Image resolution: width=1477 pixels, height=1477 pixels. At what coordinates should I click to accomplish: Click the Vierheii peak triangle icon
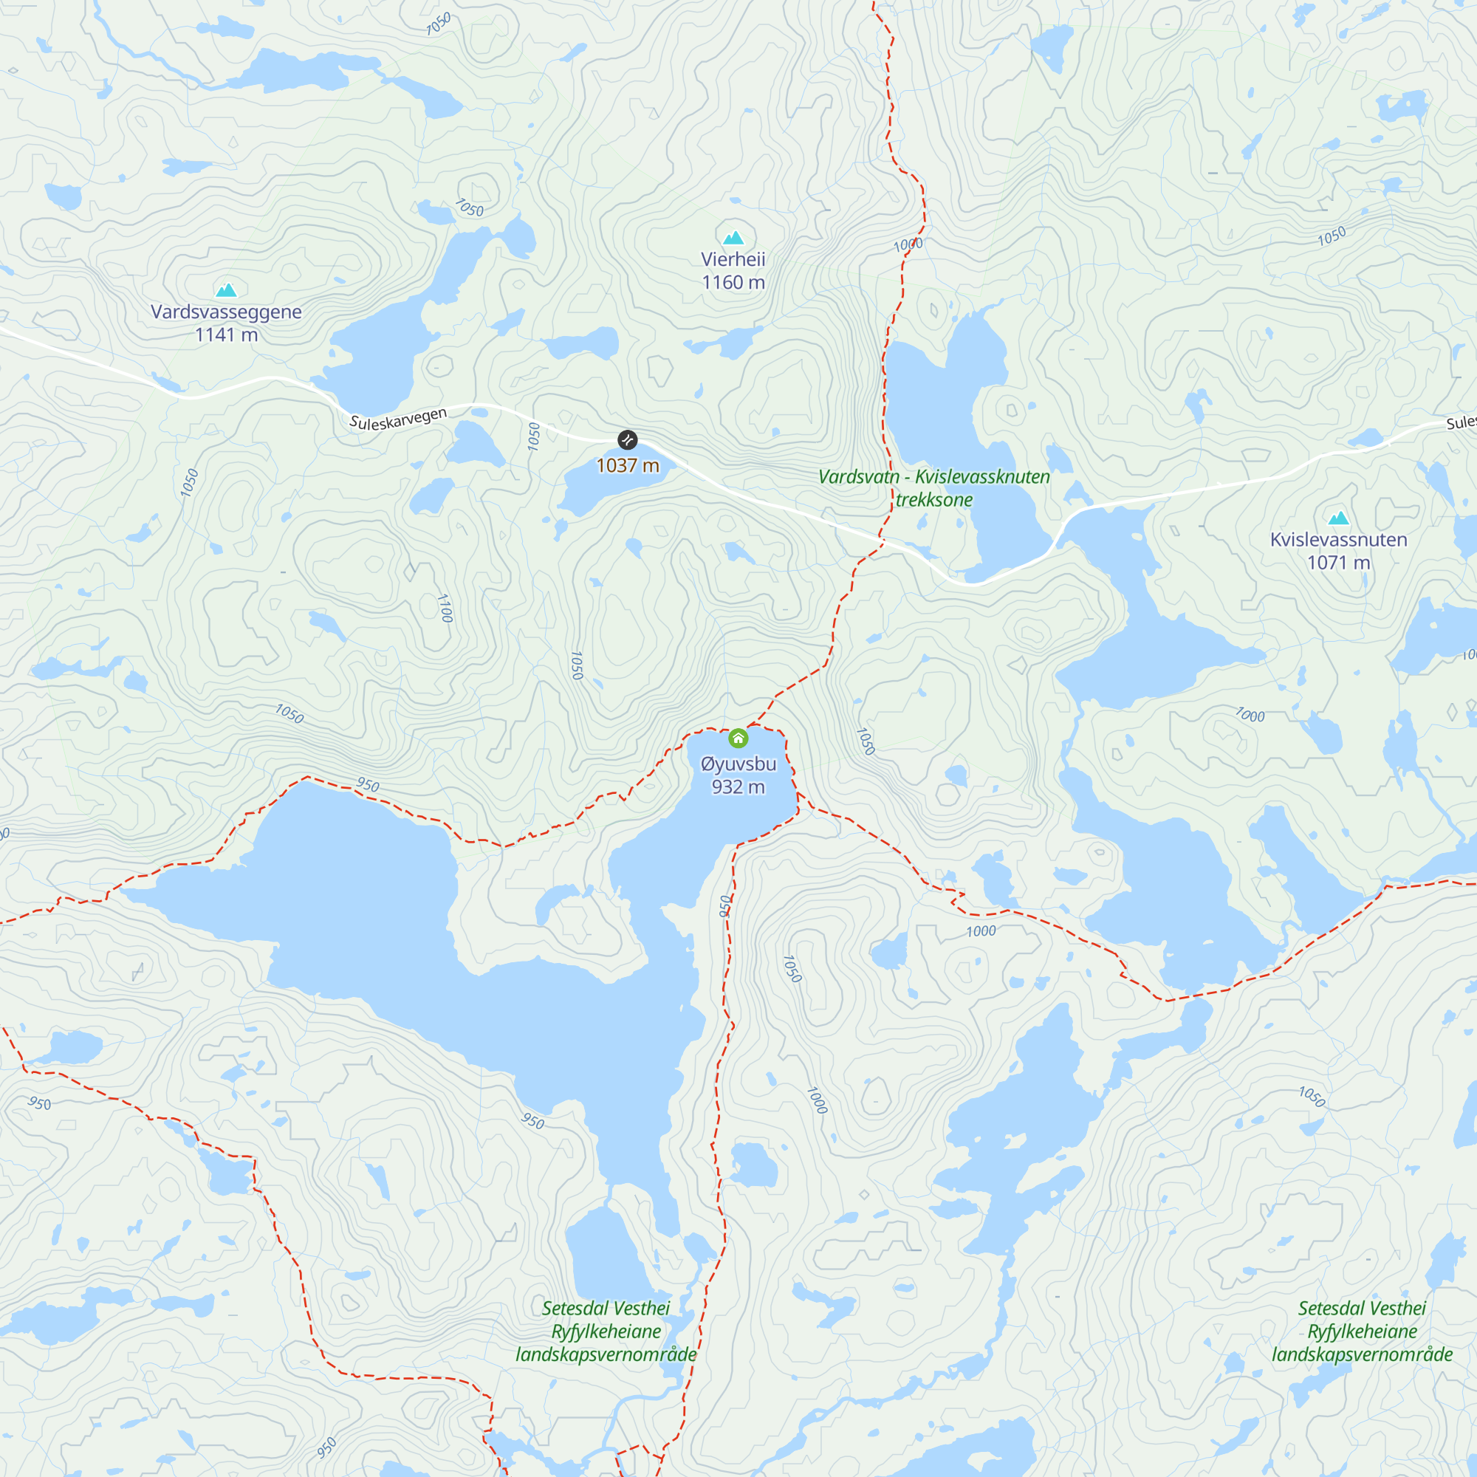[733, 238]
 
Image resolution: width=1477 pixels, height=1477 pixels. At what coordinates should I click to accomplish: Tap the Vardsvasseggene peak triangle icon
[226, 289]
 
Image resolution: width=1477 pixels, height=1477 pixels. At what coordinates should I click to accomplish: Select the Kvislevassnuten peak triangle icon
[1338, 518]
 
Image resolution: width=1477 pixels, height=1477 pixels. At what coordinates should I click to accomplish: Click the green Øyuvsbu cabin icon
[738, 738]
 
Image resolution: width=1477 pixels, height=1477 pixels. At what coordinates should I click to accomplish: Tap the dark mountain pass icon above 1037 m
[627, 439]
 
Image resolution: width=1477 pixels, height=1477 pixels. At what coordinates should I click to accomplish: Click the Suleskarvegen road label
[397, 419]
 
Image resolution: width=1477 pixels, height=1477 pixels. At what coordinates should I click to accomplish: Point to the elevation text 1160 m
[733, 283]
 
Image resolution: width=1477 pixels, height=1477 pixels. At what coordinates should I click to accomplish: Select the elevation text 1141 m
[226, 335]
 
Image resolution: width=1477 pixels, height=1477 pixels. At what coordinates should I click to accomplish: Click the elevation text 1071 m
[1338, 563]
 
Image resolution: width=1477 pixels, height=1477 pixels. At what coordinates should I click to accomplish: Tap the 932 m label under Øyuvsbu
[738, 787]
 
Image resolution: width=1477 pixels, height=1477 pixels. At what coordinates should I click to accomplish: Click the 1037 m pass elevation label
[627, 465]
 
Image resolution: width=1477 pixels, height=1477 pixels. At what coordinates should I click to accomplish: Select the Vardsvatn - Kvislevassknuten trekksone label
[933, 487]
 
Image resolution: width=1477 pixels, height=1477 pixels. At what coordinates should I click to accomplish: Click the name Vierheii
[733, 259]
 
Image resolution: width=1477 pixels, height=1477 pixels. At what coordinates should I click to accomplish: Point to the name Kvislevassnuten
[1338, 540]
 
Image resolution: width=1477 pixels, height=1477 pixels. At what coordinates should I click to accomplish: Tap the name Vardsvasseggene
[226, 312]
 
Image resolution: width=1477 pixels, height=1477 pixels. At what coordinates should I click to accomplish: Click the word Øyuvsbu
[738, 764]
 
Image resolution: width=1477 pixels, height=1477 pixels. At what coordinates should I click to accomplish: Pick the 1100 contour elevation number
[445, 608]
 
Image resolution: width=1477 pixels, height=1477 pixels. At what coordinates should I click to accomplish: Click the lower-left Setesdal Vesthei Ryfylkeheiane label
[606, 1331]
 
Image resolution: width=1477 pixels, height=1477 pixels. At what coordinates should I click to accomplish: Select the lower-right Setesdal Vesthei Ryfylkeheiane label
[1362, 1331]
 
